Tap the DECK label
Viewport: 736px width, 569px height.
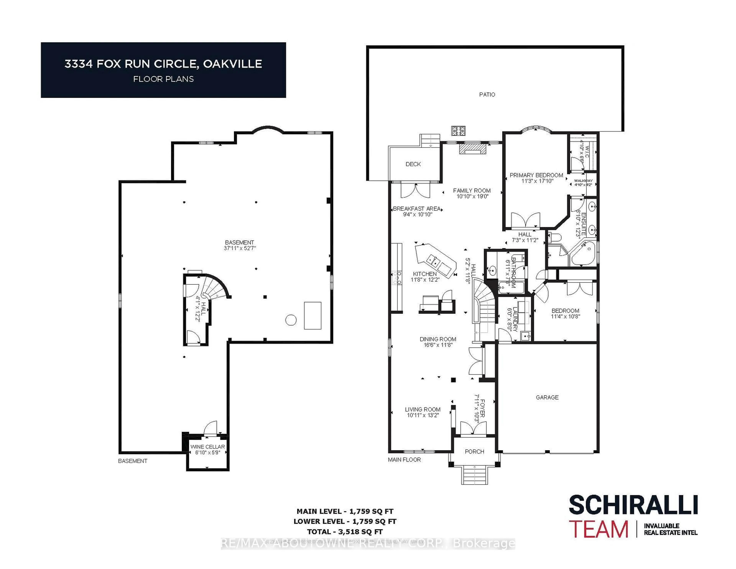tap(413, 164)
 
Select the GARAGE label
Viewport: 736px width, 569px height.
tap(547, 397)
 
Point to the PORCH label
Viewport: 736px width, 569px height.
tap(474, 451)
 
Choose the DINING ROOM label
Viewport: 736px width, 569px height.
tap(438, 339)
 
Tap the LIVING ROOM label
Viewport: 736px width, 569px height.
tap(423, 409)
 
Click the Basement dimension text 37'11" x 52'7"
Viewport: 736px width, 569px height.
tap(240, 248)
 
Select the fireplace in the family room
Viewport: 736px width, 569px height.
tap(473, 149)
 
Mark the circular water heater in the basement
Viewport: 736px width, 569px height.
tap(291, 320)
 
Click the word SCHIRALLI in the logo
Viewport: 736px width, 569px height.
tap(633, 505)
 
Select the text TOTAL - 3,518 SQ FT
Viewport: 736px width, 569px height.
tap(345, 532)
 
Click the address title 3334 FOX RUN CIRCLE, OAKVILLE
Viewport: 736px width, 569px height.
tap(163, 64)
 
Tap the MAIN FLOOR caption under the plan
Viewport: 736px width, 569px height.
tap(404, 460)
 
